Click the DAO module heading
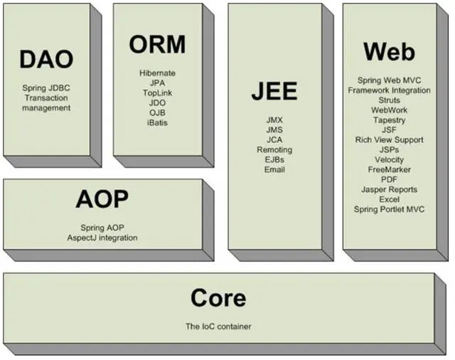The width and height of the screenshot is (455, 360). coord(46,59)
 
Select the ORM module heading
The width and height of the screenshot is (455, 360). coord(157,44)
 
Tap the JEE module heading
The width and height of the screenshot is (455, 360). coord(274,92)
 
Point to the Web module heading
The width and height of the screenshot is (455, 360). coord(389,51)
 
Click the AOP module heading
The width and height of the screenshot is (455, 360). coord(102,200)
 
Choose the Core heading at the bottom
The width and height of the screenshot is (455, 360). coord(218,297)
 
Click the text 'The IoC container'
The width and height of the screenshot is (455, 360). coord(218,327)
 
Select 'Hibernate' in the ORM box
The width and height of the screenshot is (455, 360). coord(158,73)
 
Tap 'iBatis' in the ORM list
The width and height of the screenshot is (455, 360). coord(158,123)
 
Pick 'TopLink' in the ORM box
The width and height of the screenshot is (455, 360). coord(158,93)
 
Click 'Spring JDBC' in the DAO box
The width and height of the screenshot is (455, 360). coord(46,88)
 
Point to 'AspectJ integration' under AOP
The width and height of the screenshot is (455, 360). coord(102,237)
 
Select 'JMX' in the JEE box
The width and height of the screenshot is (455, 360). coord(274,120)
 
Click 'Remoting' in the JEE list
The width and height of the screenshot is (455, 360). coord(274,150)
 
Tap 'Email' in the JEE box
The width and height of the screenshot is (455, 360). coord(274,170)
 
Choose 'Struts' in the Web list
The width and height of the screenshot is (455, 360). coord(389,100)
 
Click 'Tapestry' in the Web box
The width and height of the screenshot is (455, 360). coord(389,120)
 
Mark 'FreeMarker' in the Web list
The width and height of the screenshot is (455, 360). coord(389,170)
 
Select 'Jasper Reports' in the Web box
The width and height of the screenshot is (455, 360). coord(389,190)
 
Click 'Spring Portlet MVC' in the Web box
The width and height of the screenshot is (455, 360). coord(389,210)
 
